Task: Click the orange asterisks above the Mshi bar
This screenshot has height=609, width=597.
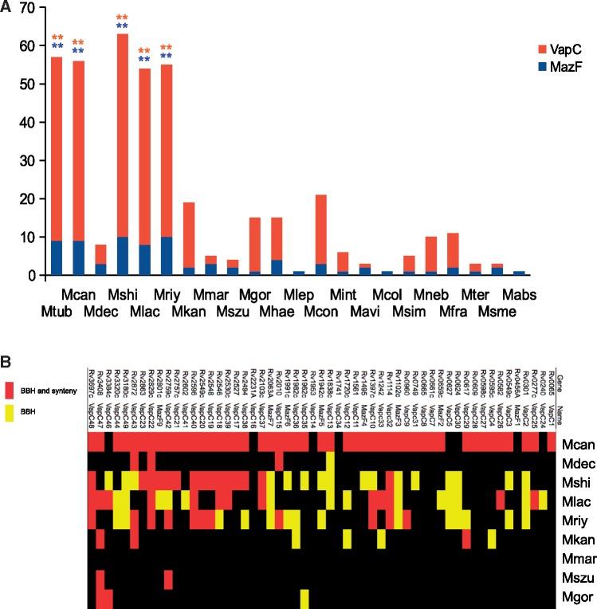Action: point(122,18)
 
